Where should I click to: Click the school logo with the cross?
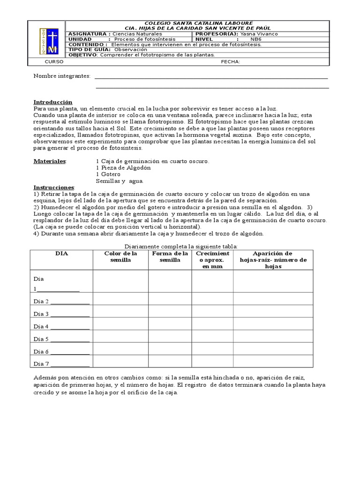(48, 40)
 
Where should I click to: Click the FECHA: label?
(231, 61)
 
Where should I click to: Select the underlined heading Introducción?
(53, 102)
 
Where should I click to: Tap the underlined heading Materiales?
(50, 161)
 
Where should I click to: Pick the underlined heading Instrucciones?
(54, 187)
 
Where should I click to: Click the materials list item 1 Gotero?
(108, 174)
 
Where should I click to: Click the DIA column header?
(61, 254)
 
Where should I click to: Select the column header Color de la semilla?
(120, 257)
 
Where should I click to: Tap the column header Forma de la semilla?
(170, 257)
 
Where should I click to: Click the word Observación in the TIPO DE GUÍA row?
(131, 49)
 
